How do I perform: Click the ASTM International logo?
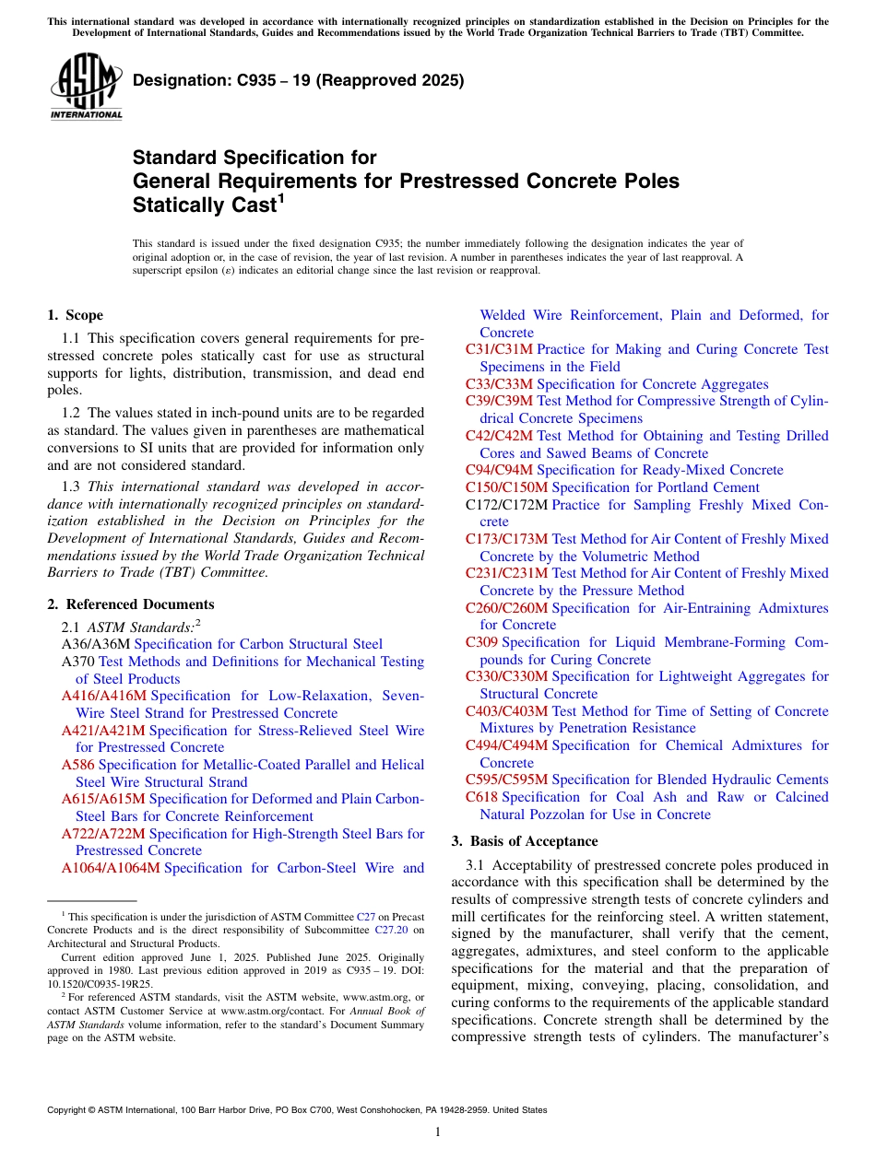click(86, 88)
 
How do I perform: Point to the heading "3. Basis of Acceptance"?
click(524, 841)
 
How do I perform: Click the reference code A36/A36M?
click(95, 644)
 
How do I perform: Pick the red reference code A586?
click(77, 765)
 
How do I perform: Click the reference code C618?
click(481, 797)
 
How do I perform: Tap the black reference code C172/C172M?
click(506, 505)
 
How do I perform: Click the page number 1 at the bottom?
click(438, 1132)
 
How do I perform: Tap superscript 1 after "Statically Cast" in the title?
click(282, 197)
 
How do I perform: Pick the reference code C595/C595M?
click(506, 779)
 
